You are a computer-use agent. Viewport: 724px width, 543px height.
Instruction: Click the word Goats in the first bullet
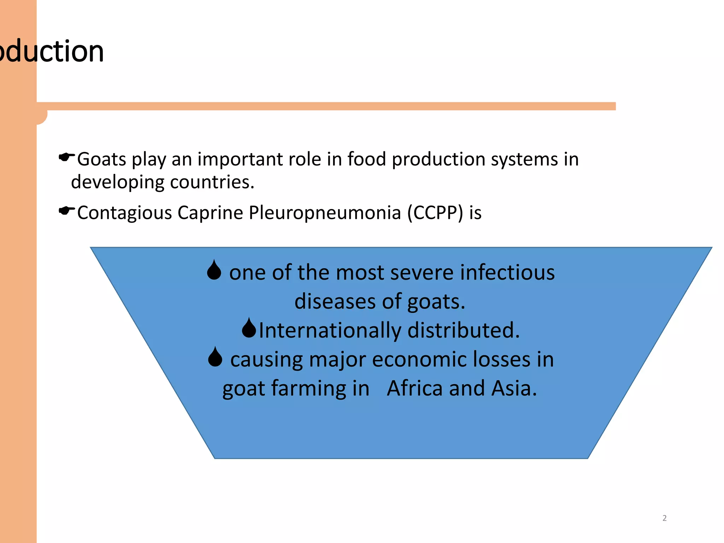101,159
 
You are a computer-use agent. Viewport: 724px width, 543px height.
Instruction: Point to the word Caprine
210,213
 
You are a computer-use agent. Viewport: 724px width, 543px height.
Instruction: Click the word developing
117,182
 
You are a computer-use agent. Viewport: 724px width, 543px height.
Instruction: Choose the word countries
212,182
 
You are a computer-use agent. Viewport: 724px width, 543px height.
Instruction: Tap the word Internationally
330,331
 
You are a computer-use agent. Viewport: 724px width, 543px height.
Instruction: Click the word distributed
463,331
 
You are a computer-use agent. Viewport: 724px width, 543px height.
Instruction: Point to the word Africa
415,389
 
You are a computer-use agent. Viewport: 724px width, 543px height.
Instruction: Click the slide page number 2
664,518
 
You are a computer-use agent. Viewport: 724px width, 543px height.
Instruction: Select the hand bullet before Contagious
66,211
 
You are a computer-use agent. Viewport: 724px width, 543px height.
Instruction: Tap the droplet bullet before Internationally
249,328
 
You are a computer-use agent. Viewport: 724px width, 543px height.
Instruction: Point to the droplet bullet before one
214,270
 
